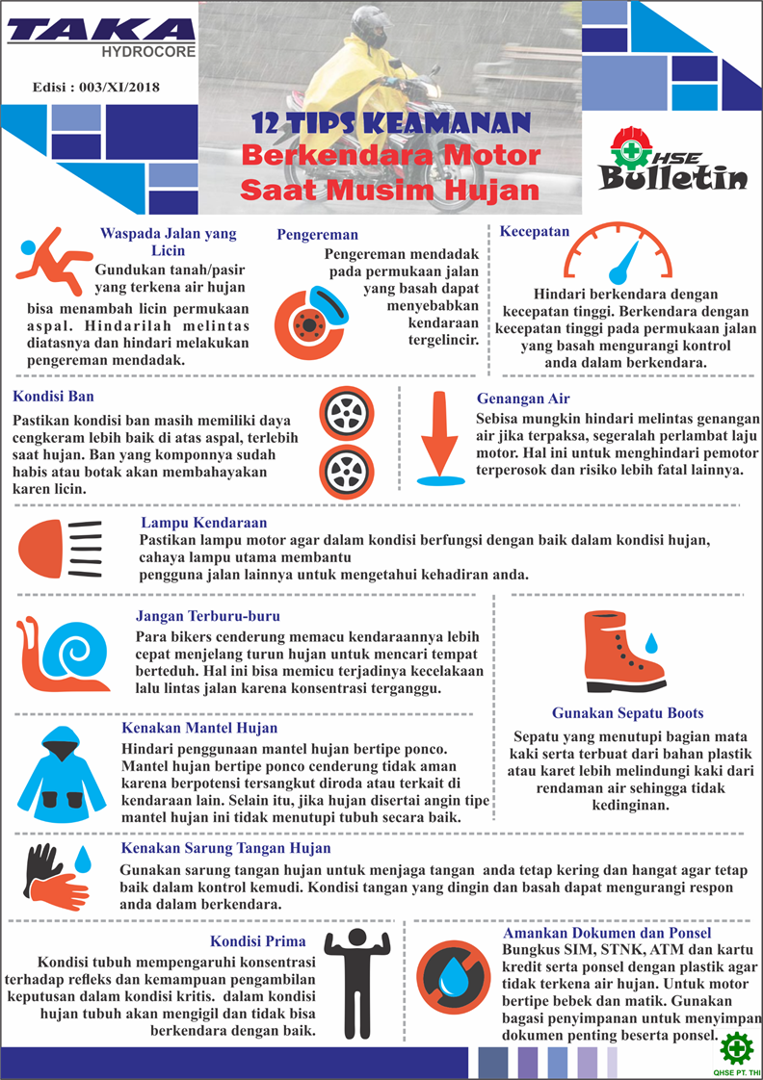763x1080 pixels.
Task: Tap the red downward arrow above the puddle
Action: [x=441, y=433]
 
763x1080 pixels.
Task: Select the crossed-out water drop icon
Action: [x=451, y=977]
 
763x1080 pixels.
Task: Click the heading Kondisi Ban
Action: [x=53, y=396]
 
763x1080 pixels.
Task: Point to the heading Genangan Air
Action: [x=523, y=398]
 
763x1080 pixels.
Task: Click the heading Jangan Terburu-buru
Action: [x=208, y=615]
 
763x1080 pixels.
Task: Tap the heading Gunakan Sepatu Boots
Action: [x=627, y=714]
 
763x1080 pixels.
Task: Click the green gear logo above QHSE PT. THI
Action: [x=738, y=1046]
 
